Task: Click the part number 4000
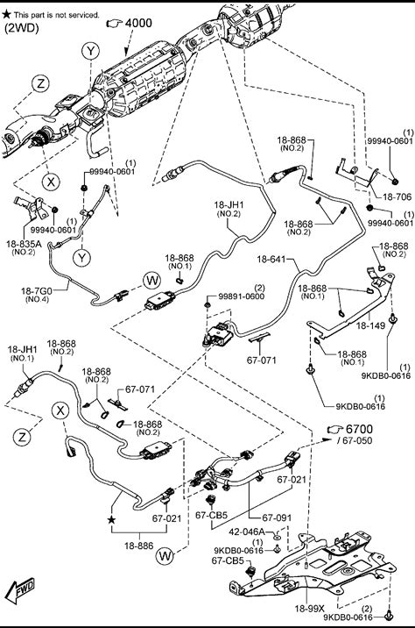tap(138, 23)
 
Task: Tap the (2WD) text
tap(21, 28)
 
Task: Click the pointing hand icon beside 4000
tap(115, 23)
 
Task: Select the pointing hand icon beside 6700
tap(336, 430)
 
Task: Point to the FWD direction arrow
tap(22, 590)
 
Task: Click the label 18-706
tap(397, 196)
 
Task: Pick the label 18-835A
tap(24, 244)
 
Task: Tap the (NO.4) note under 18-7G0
tap(37, 299)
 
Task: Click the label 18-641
tap(271, 259)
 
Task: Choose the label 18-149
tap(370, 325)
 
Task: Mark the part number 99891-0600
tap(241, 296)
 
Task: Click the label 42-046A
tap(246, 532)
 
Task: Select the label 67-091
tap(277, 517)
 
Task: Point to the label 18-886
tap(138, 546)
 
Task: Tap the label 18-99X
tap(309, 609)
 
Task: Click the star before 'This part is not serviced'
tap(6, 14)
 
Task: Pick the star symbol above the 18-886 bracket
tap(111, 520)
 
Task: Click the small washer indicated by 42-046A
tap(278, 536)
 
